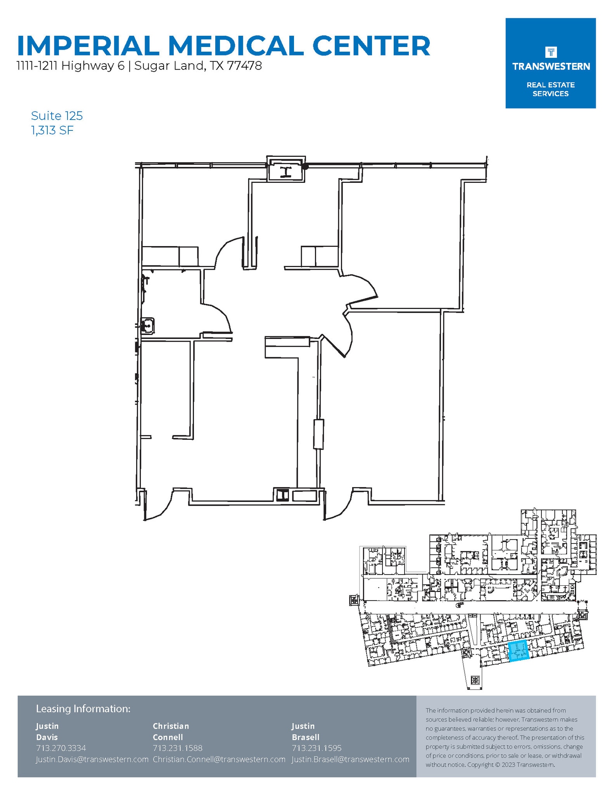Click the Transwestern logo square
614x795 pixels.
550,63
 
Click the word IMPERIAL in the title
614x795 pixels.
88,46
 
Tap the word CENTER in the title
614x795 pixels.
371,46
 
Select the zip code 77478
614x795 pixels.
244,66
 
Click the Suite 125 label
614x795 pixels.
57,116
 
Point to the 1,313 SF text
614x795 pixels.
52,130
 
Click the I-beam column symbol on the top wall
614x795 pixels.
286,172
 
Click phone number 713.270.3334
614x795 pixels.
61,748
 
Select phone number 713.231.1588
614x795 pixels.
178,748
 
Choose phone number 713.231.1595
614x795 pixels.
317,748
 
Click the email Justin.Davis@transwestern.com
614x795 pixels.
92,759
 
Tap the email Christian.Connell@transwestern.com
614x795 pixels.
219,759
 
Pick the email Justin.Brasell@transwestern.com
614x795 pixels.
350,759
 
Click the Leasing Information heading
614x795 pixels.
83,708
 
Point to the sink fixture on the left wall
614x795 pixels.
147,325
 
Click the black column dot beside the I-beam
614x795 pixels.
306,167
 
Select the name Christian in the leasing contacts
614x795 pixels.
171,726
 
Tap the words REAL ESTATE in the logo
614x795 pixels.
550,85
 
